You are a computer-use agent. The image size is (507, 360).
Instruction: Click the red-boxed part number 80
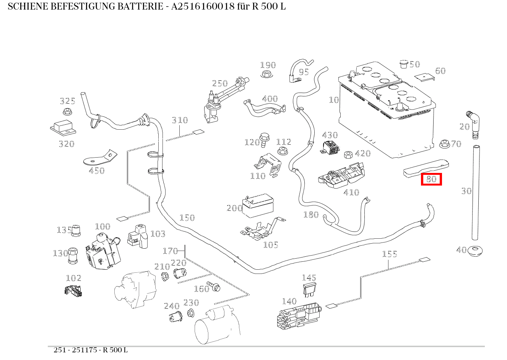point(431,179)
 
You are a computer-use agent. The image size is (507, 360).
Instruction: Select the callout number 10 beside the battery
point(334,100)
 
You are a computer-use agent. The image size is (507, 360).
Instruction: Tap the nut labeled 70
point(444,144)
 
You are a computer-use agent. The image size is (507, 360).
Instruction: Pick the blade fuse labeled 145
point(309,290)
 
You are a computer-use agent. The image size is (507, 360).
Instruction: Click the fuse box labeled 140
point(298,316)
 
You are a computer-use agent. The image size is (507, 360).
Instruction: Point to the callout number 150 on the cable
point(187,218)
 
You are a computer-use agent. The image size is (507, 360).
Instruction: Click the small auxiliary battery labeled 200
point(258,206)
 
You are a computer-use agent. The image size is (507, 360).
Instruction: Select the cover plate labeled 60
point(425,77)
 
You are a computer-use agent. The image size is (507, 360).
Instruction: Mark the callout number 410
point(351,192)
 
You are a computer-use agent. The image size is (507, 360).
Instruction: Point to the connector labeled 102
point(73,291)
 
